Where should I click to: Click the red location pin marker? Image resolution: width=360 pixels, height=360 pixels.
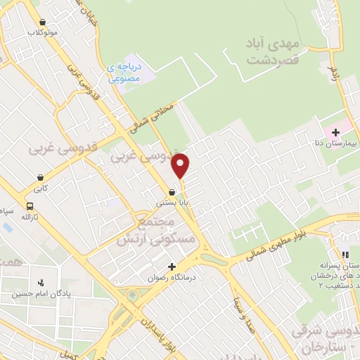click(181, 164)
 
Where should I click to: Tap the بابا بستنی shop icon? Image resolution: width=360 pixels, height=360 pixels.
click(172, 191)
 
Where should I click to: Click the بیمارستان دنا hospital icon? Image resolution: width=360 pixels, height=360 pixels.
click(335, 131)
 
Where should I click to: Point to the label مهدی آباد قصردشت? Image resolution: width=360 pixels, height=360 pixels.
click(274, 51)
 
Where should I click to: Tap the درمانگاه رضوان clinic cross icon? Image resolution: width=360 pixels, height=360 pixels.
click(172, 266)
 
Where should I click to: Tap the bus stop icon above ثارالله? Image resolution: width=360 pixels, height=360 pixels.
click(30, 207)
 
